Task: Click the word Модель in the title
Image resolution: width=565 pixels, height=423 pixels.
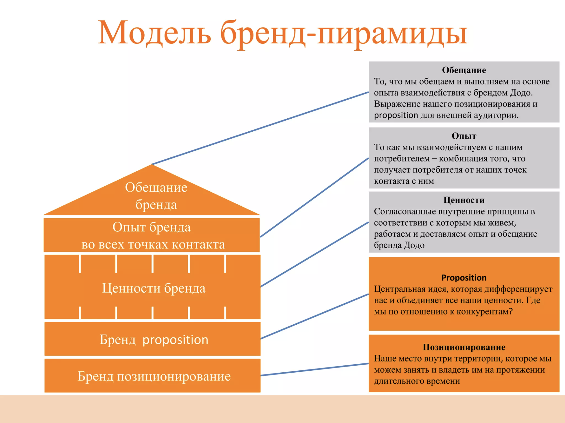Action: click(154, 32)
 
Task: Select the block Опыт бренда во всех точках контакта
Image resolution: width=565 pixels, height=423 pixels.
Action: click(152, 235)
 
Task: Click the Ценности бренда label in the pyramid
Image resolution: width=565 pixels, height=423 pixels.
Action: click(154, 288)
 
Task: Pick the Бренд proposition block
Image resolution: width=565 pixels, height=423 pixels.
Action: click(152, 339)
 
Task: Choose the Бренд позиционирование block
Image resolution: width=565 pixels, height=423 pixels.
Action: click(152, 376)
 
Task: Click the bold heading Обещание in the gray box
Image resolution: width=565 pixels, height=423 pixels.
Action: click(464, 70)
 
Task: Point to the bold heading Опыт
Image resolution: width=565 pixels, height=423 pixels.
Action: click(464, 136)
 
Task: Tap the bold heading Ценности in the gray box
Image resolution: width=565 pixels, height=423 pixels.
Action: click(464, 200)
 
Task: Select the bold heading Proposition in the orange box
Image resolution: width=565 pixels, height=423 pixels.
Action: click(464, 278)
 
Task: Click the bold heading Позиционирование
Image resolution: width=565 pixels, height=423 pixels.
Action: click(464, 347)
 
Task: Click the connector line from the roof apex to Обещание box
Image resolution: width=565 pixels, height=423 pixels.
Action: click(260, 128)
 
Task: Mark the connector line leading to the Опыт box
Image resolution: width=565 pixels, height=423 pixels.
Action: click(315, 197)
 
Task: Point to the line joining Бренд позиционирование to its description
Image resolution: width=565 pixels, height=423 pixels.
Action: click(315, 369)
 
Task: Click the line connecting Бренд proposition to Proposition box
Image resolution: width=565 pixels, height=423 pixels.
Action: click(315, 316)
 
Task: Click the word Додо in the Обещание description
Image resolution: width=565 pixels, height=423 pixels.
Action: click(521, 93)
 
